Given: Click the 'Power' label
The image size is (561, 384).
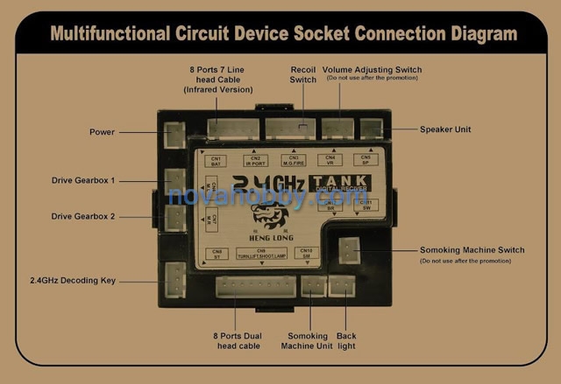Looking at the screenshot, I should [x=102, y=132].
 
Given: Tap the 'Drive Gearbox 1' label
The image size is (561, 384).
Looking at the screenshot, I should [x=83, y=180].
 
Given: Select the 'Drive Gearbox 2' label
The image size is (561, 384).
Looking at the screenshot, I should [x=83, y=216].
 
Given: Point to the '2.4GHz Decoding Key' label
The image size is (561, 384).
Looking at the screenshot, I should [x=72, y=281].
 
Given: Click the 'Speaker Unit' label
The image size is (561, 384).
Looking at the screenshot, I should [x=445, y=129].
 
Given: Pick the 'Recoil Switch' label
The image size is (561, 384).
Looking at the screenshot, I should [x=302, y=74].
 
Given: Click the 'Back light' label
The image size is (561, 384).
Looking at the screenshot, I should [x=346, y=341].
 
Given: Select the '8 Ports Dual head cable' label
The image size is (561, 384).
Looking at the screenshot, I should [x=238, y=341].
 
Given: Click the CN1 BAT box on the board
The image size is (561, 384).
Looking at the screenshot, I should [x=216, y=161].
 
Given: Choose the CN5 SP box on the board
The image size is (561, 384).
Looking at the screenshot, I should [x=366, y=161].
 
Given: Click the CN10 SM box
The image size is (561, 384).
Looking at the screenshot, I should [x=305, y=254].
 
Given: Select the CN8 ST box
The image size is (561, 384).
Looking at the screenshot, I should [x=217, y=254].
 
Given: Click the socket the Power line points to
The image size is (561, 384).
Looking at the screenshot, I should [x=175, y=133].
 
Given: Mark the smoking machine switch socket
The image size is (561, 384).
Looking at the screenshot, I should [x=351, y=250].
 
